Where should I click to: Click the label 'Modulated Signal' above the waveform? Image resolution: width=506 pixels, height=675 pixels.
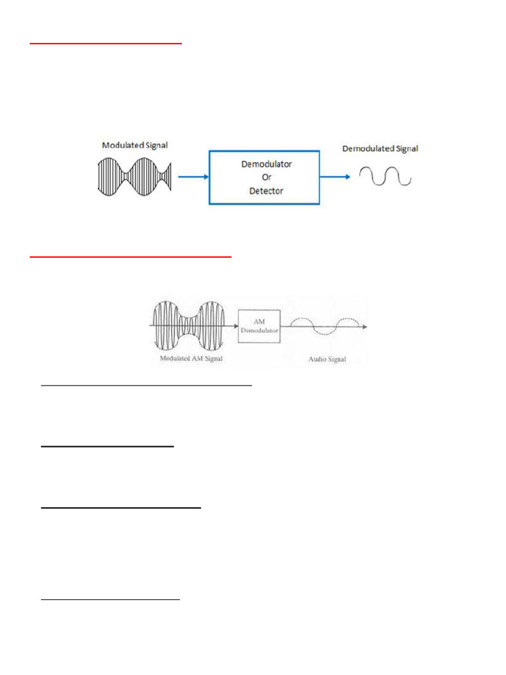134,144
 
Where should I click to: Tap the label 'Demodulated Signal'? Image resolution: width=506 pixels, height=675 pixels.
380,149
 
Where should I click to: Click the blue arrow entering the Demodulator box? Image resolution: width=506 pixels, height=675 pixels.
192,177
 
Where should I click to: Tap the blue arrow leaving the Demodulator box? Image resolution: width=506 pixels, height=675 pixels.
335,177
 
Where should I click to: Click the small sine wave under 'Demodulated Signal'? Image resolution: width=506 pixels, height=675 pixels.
385,176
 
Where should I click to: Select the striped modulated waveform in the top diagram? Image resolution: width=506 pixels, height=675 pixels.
134,176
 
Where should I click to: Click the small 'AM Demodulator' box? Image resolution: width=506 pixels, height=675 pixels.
259,326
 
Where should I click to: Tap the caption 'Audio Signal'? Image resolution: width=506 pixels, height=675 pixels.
327,359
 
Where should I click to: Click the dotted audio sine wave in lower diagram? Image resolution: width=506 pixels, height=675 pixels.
326,326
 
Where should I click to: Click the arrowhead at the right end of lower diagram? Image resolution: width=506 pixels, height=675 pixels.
364,326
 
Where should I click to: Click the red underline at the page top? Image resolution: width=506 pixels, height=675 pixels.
105,44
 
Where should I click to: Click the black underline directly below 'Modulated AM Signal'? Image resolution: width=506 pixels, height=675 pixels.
146,384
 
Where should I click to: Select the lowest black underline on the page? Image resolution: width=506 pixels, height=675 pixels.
110,600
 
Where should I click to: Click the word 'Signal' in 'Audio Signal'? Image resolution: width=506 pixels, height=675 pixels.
336,359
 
